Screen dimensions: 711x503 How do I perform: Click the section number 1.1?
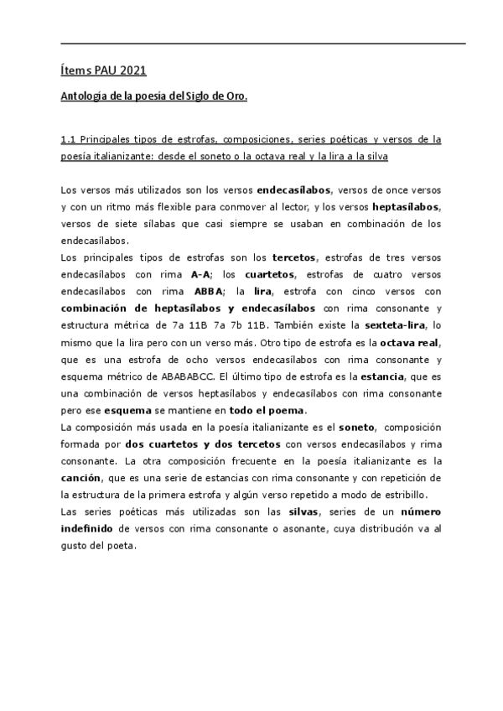click(x=70, y=140)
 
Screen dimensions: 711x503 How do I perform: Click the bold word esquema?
click(x=126, y=411)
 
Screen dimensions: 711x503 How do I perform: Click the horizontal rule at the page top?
click(x=263, y=43)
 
